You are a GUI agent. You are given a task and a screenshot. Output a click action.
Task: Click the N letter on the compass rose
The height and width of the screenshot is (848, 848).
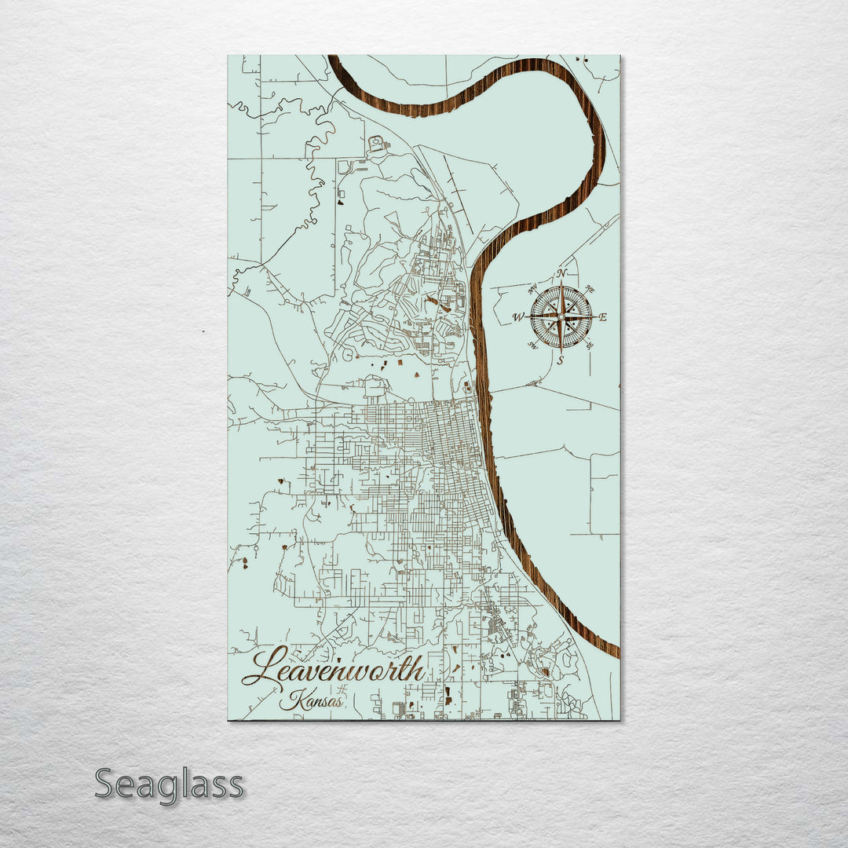(x=562, y=273)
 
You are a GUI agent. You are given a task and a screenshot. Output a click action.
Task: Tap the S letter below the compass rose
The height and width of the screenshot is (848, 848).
(x=560, y=361)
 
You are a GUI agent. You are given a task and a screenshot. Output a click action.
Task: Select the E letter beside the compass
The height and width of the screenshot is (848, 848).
(x=604, y=317)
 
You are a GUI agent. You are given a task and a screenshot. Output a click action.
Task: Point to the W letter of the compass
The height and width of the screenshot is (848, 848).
(x=517, y=317)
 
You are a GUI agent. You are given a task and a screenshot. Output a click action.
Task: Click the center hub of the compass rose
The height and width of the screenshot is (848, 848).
(x=561, y=317)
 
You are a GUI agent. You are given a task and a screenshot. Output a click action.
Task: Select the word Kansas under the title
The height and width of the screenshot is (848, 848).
(x=311, y=700)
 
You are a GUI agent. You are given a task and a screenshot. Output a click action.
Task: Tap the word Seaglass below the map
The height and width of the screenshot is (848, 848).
(x=169, y=785)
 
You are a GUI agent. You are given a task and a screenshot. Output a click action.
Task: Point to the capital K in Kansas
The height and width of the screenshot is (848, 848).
(x=292, y=698)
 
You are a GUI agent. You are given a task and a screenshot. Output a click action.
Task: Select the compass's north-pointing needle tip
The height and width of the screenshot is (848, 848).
(x=561, y=283)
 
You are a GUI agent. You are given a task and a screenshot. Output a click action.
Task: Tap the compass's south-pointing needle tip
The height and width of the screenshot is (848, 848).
(x=561, y=352)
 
